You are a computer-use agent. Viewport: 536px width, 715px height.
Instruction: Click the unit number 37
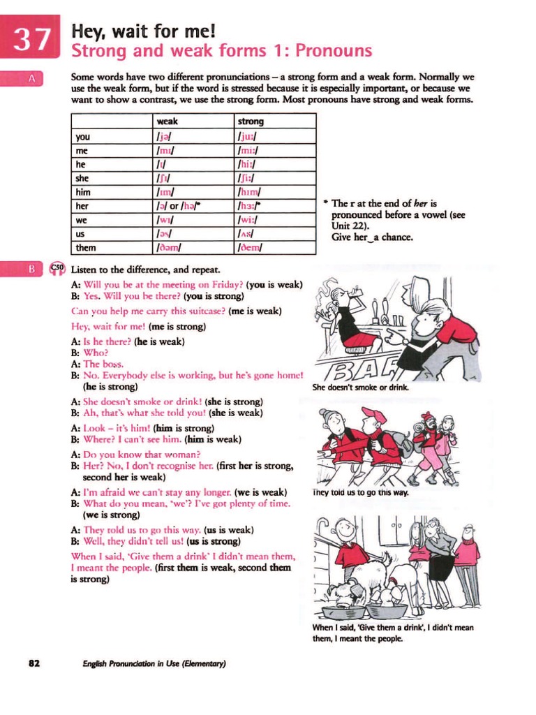click(31, 40)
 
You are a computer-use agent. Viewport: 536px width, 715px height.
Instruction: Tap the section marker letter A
click(31, 80)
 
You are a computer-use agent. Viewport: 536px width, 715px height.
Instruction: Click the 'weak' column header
click(167, 121)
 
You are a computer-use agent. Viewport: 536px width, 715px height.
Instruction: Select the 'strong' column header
click(251, 121)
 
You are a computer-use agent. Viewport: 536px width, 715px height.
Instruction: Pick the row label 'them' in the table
click(86, 247)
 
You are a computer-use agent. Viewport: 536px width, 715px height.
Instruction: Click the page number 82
click(34, 663)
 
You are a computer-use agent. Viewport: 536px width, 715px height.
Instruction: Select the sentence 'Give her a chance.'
click(372, 237)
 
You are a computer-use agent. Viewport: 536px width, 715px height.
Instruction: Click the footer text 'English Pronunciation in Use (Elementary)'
click(154, 663)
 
